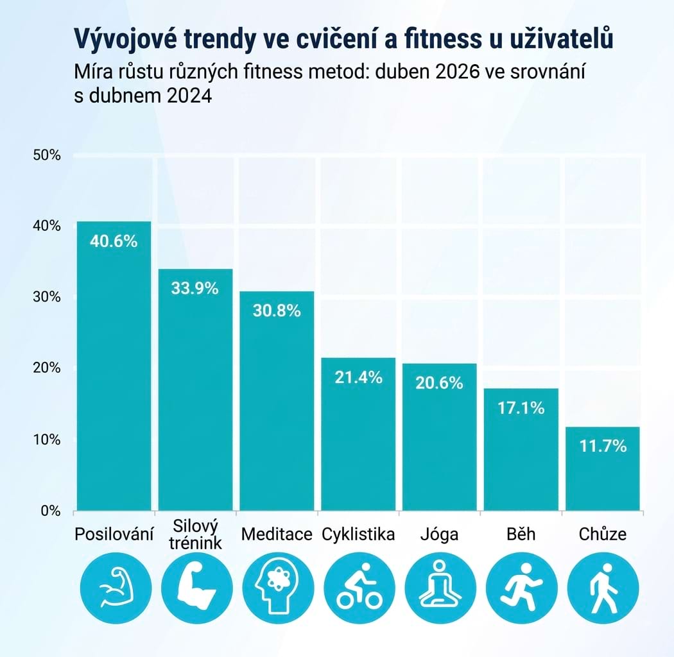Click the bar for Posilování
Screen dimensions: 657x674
click(x=114, y=366)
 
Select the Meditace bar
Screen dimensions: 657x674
click(x=277, y=401)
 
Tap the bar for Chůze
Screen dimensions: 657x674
click(x=603, y=468)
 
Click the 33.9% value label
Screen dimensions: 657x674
click(x=195, y=288)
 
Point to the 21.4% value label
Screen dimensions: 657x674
click(x=358, y=377)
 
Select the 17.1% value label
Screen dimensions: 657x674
click(x=521, y=407)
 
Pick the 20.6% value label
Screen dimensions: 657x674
click(x=440, y=383)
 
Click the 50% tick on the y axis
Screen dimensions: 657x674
click(x=46, y=155)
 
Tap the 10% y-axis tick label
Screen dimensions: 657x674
click(x=46, y=439)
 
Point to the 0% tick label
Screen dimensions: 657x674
click(x=50, y=511)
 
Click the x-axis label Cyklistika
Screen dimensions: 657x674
click(x=358, y=534)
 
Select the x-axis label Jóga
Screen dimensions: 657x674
click(x=440, y=534)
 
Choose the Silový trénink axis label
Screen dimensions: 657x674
click(x=196, y=534)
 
